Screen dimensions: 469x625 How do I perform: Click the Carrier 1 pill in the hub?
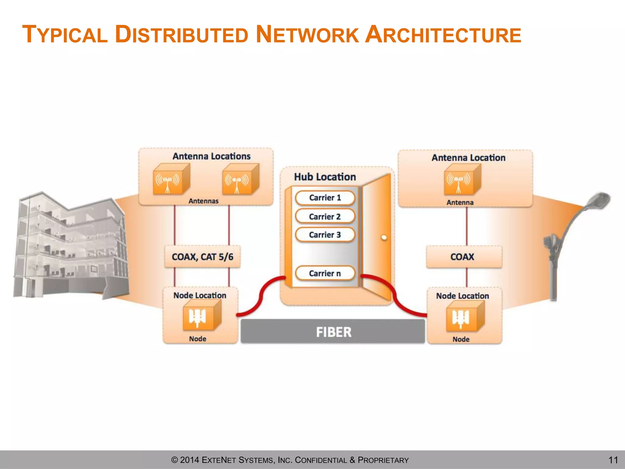[325, 198]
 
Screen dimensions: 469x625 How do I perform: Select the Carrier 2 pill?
[325, 216]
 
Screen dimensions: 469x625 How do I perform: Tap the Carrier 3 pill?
[325, 235]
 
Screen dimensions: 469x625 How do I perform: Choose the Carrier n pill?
[325, 273]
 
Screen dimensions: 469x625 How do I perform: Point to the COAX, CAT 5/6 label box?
[202, 257]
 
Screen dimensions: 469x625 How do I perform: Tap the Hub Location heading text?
[325, 177]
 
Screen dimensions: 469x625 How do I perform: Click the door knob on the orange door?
[384, 238]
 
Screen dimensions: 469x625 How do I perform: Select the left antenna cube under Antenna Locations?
[170, 180]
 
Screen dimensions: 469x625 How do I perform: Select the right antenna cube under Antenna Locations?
[240, 180]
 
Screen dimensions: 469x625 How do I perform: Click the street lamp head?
[598, 200]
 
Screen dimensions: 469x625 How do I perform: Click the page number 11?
[613, 460]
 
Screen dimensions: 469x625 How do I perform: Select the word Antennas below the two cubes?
[203, 201]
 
